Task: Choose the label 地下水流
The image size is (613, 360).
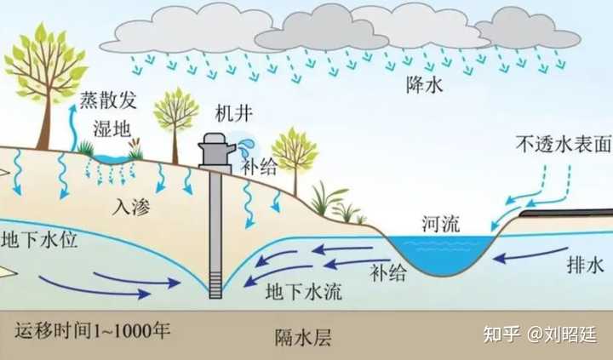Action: click(x=304, y=290)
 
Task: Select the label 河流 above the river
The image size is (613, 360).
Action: click(x=440, y=224)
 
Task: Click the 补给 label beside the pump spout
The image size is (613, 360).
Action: click(x=259, y=167)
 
